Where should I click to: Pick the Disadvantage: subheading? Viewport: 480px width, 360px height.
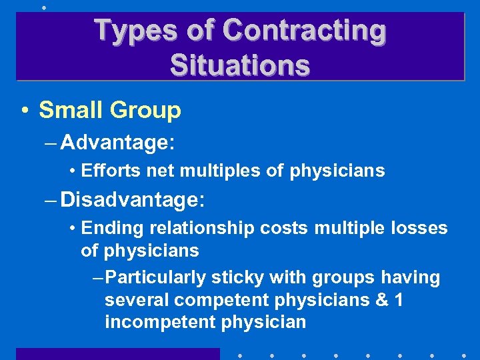pyautogui.click(x=133, y=199)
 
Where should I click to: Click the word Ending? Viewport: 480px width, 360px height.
pyautogui.click(x=112, y=229)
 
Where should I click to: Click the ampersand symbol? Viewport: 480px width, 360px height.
pyautogui.click(x=381, y=300)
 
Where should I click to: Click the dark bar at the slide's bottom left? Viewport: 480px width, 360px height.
pyautogui.click(x=117, y=353)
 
